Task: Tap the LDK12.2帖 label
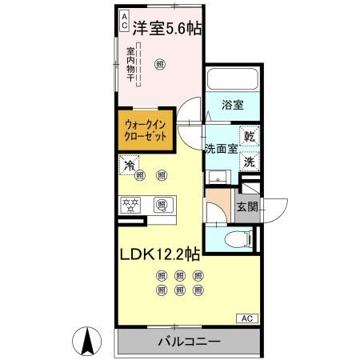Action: click(x=159, y=255)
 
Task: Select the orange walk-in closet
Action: click(x=146, y=130)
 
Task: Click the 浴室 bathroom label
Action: click(x=232, y=105)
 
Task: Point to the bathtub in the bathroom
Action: click(x=231, y=80)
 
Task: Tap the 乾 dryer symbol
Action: click(x=249, y=137)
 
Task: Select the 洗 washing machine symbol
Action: click(x=249, y=160)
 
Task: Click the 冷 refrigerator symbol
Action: click(x=127, y=166)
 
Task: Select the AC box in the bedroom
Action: click(x=124, y=21)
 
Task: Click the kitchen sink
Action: click(x=162, y=204)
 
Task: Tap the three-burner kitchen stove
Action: click(x=130, y=204)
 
